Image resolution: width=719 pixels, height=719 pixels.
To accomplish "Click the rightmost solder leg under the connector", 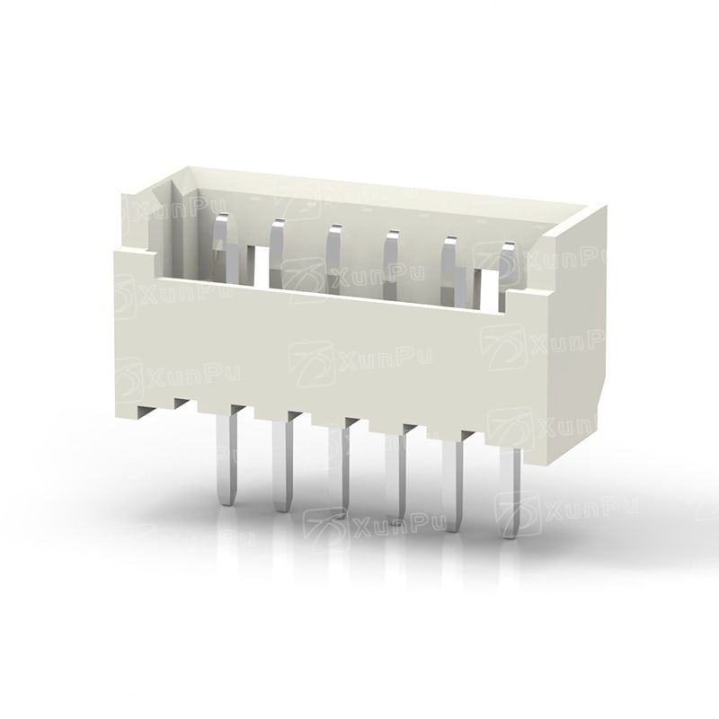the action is pos(511,492).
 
